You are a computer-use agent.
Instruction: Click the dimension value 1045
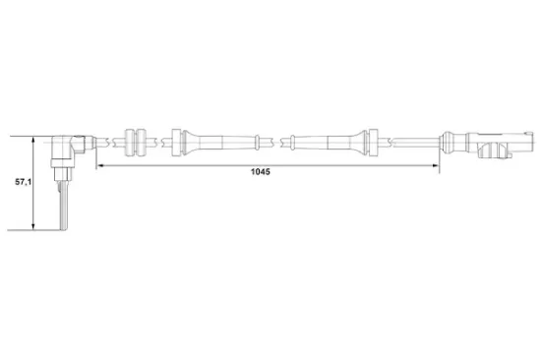tap(260, 170)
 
